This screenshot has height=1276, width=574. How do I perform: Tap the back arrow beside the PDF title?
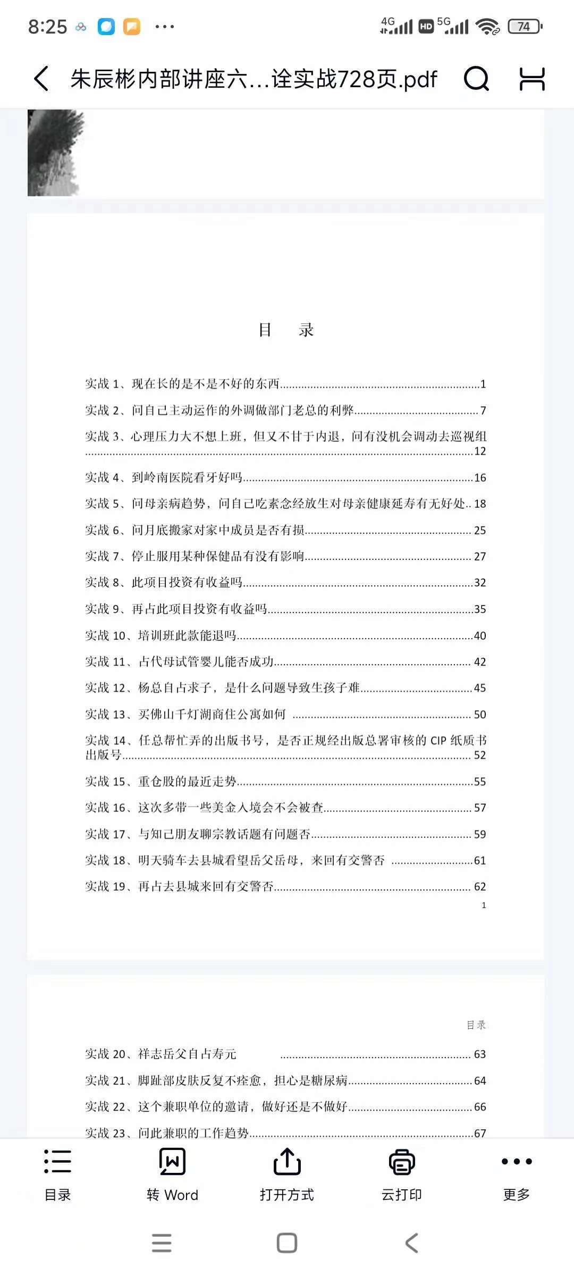tap(41, 79)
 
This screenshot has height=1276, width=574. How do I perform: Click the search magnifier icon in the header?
tap(476, 79)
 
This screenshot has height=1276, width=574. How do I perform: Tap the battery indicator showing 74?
tap(525, 27)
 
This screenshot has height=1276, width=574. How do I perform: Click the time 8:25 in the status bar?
tap(47, 27)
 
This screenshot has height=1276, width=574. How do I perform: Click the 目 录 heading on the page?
tap(286, 330)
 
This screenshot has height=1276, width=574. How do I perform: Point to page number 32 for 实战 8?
tap(480, 583)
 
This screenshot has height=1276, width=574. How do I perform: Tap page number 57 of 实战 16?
tap(480, 808)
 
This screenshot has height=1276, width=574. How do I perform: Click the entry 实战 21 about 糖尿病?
tap(216, 1080)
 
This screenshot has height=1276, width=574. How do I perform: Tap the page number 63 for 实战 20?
tap(480, 1054)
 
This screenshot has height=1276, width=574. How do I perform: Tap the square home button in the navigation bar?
tap(287, 1243)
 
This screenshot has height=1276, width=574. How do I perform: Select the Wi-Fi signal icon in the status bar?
tap(487, 27)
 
